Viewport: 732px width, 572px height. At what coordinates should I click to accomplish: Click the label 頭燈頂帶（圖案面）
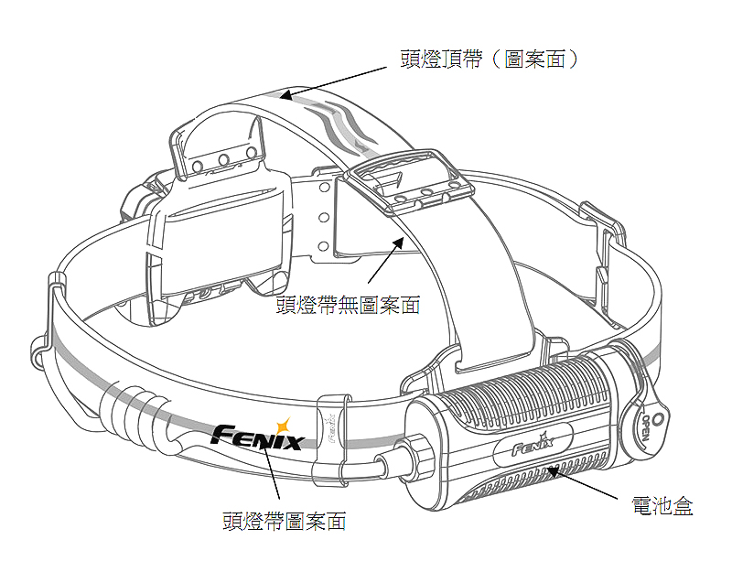pos(490,59)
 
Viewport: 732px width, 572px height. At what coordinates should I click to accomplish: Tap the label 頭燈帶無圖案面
pos(349,305)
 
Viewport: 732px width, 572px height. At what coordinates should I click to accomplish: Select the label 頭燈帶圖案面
pos(285,522)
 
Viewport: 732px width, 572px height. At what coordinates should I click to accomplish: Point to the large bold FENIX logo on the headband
pos(257,437)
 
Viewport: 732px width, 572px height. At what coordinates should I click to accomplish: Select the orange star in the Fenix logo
pos(284,425)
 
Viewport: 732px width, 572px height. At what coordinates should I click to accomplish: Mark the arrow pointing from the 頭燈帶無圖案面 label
pos(383,262)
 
